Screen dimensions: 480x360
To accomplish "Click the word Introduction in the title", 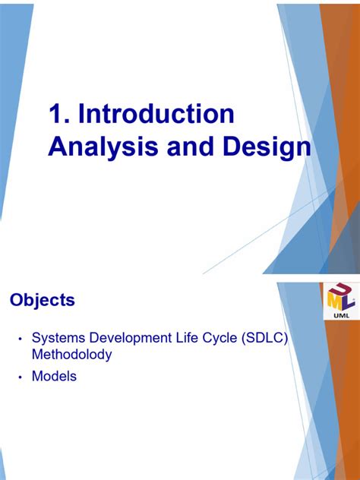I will point(156,115).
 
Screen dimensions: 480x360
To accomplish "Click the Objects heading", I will point(43,300).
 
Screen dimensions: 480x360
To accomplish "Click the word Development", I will point(131,337).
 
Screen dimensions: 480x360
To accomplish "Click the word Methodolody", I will point(71,354).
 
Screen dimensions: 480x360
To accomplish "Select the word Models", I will point(54,376).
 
